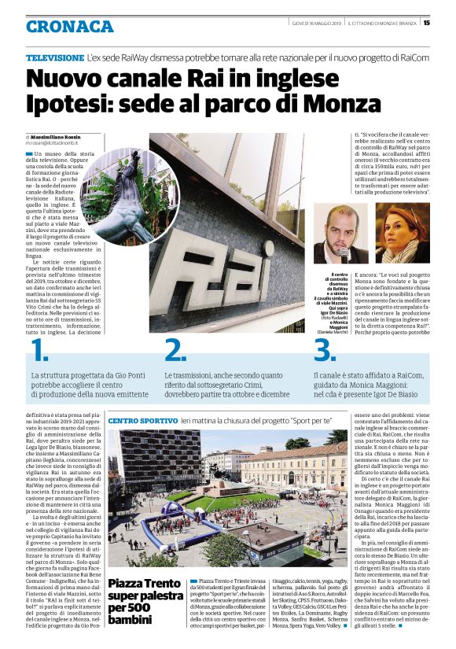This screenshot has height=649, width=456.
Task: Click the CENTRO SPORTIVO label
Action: [x=142, y=422]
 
